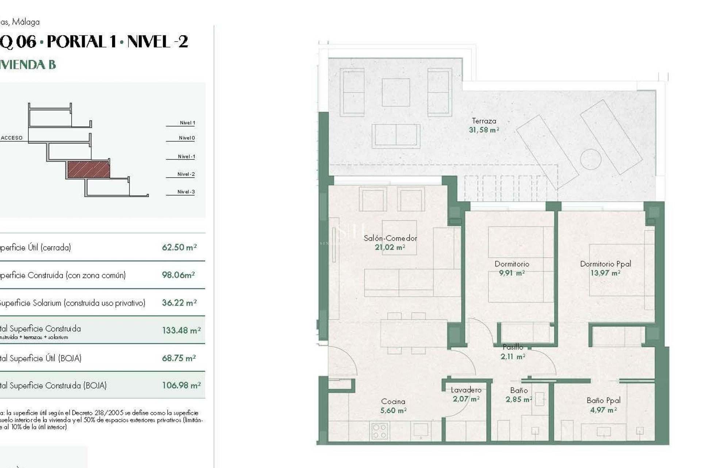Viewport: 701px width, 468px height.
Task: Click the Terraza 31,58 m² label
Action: (x=484, y=125)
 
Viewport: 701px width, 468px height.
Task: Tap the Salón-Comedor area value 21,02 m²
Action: (x=390, y=248)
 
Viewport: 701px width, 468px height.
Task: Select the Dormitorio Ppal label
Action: (x=605, y=264)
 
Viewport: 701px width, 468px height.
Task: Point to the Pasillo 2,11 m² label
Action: (x=513, y=351)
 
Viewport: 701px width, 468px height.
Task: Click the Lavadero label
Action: (x=466, y=390)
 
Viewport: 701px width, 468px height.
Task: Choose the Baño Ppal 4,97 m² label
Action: (x=604, y=405)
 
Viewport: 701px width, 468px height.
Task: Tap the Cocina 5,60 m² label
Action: (x=393, y=406)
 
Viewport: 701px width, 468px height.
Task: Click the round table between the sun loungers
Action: (x=590, y=159)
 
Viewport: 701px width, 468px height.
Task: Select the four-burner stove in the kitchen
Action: (x=379, y=431)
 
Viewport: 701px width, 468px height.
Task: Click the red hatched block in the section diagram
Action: (x=89, y=170)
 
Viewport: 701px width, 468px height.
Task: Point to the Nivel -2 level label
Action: (x=186, y=174)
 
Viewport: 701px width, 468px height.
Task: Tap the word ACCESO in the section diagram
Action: (x=12, y=138)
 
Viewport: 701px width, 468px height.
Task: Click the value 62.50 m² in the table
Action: (x=179, y=247)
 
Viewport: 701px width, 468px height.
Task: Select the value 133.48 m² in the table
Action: (x=181, y=330)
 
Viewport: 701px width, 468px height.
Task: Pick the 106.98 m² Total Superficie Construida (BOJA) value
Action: (x=181, y=385)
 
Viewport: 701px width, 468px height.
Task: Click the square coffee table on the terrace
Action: (x=396, y=92)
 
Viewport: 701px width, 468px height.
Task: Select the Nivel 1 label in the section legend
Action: (x=187, y=123)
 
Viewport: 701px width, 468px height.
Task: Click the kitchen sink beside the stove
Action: (x=420, y=430)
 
